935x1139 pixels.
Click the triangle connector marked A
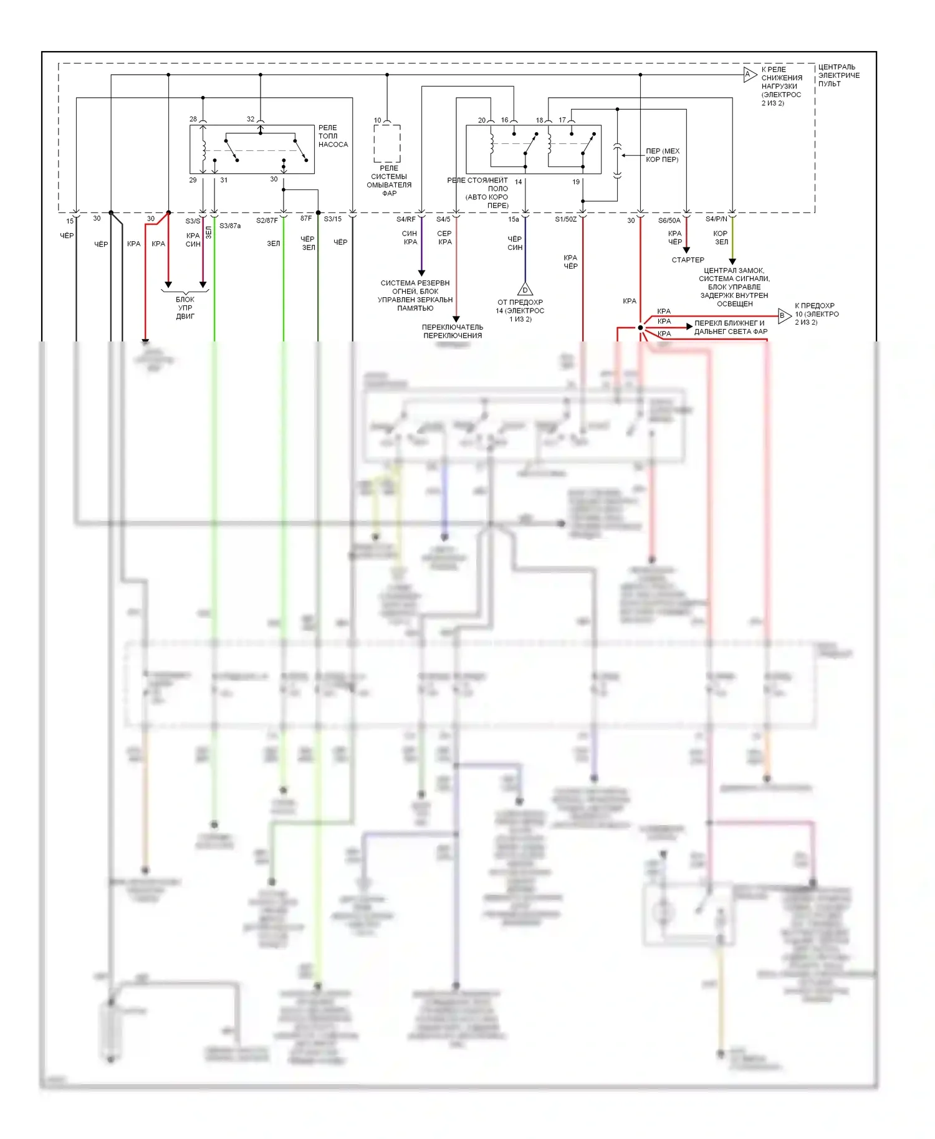(749, 75)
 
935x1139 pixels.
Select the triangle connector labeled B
(784, 316)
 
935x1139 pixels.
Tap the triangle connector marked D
(525, 290)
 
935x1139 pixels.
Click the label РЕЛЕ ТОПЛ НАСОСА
(333, 136)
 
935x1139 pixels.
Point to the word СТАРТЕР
(688, 260)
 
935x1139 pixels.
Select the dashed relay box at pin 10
(387, 143)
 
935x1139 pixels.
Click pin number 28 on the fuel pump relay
(193, 119)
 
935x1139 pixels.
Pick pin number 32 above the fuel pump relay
(251, 119)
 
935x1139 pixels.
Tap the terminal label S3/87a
(230, 226)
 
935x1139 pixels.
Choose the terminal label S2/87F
(267, 221)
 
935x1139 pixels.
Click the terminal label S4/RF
(406, 219)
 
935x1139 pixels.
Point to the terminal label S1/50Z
(566, 219)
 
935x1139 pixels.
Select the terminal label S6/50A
(669, 221)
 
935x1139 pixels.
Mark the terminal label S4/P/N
(716, 219)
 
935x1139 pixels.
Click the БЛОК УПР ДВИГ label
(185, 308)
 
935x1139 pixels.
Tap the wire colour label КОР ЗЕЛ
(721, 237)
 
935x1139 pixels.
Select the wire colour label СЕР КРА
(444, 237)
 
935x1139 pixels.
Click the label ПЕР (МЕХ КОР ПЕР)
(662, 155)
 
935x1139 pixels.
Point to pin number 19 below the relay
(576, 182)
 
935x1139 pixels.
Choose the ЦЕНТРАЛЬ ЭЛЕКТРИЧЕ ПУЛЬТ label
(838, 75)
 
